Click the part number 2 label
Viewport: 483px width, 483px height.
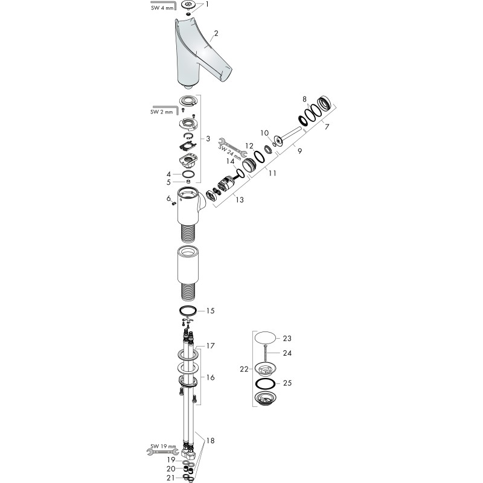click(216, 33)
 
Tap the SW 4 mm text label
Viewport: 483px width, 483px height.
click(162, 8)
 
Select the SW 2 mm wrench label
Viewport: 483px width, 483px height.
click(162, 112)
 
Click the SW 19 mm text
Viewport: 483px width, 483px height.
click(163, 446)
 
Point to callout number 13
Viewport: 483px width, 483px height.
click(240, 200)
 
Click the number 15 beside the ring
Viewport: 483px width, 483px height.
click(210, 310)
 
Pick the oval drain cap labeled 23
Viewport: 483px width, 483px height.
click(265, 337)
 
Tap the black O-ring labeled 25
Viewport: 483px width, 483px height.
click(265, 383)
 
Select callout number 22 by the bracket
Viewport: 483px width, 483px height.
click(245, 369)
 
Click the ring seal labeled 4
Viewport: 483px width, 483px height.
click(188, 174)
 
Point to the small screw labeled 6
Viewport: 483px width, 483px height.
click(174, 203)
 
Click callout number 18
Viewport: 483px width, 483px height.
click(210, 441)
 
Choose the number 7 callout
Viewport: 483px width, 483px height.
click(327, 127)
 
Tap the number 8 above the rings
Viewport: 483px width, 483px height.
click(305, 99)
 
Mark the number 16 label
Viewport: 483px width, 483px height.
click(210, 377)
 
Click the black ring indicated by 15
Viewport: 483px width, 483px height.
click(188, 311)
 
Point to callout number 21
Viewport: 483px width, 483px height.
click(171, 478)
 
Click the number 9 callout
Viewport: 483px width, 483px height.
click(299, 151)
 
